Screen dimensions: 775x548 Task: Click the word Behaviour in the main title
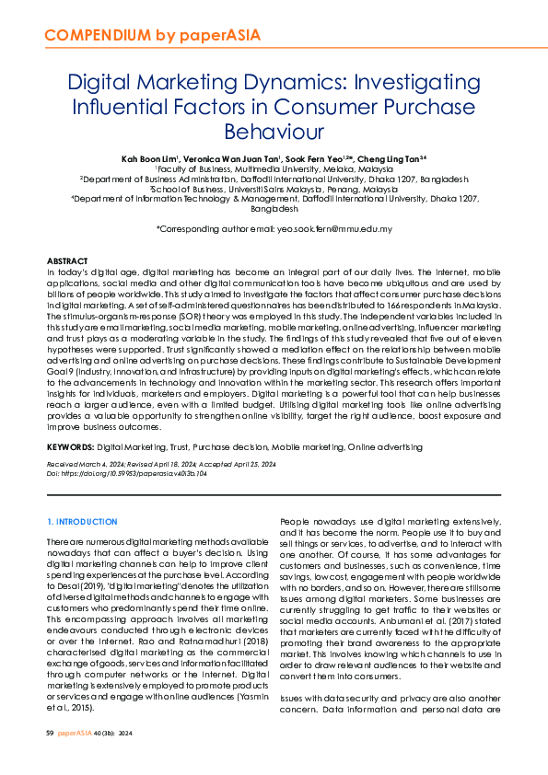point(274,132)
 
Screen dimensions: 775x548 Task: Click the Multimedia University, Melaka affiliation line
point(274,169)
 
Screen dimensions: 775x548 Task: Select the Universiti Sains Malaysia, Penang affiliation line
point(274,190)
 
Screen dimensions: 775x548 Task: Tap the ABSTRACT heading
point(67,262)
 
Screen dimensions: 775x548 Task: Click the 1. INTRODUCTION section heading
point(82,522)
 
